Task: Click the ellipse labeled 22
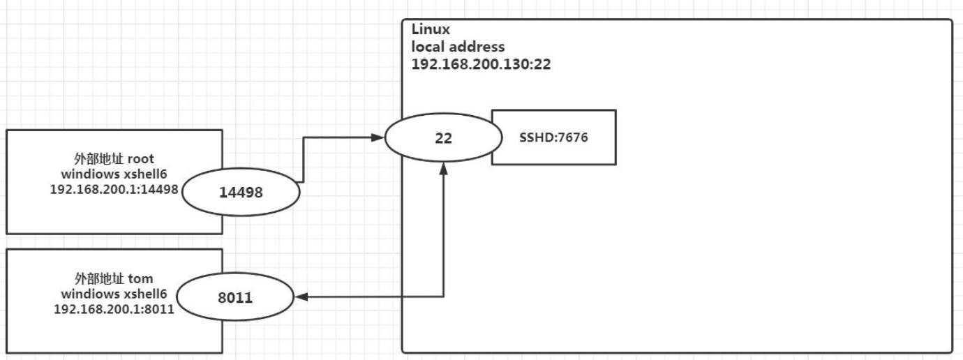(x=442, y=137)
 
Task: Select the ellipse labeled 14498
(x=241, y=192)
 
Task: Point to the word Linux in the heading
(x=427, y=31)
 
